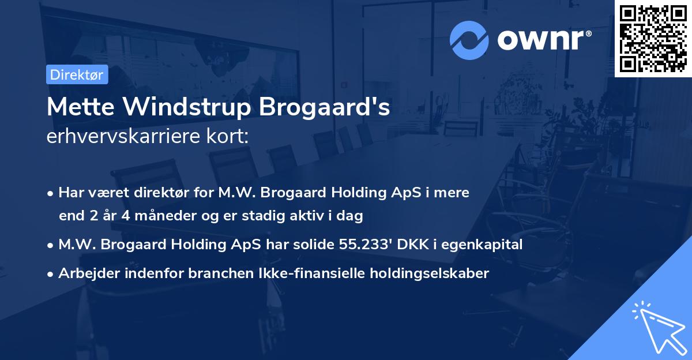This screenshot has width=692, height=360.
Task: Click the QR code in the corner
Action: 653,39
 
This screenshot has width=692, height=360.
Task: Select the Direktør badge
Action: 77,74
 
